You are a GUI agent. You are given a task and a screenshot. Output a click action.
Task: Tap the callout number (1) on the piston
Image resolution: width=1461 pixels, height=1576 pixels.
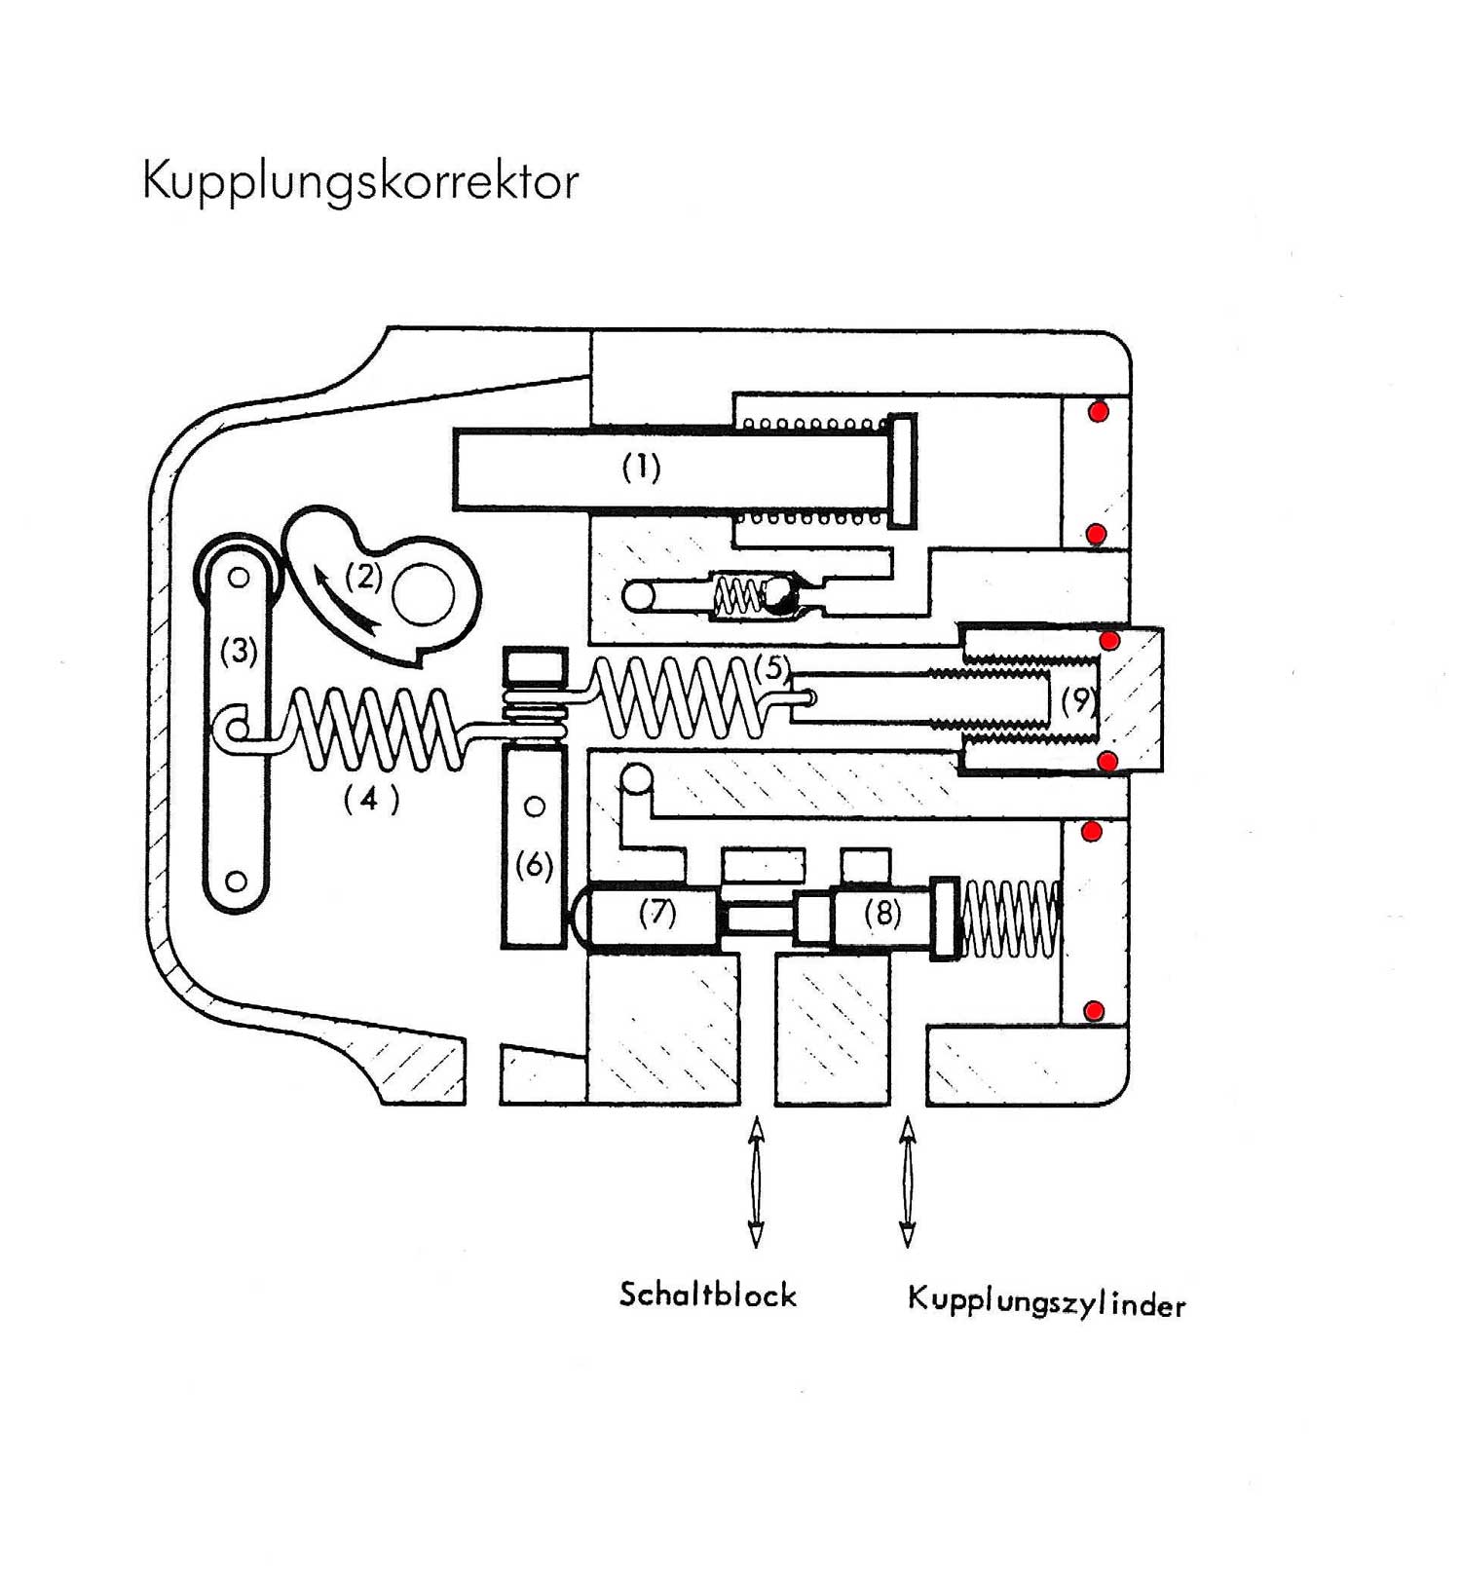tap(642, 469)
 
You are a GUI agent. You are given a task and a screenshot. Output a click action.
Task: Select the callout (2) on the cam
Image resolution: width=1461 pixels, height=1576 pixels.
tap(364, 577)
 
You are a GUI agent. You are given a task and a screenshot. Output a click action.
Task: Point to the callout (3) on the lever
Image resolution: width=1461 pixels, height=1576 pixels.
tap(239, 650)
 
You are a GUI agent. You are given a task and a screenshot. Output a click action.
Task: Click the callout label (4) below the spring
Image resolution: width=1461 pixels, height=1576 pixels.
tap(371, 800)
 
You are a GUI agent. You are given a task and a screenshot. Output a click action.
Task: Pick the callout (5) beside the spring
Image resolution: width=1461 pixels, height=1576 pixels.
tap(772, 668)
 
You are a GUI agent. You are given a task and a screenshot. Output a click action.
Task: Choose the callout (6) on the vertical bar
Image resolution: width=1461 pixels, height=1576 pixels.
tap(534, 865)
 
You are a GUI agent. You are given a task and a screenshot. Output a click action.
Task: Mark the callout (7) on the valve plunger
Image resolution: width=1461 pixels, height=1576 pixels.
tap(657, 913)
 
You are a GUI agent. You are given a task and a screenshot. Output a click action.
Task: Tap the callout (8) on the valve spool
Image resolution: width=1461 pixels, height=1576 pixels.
tap(882, 913)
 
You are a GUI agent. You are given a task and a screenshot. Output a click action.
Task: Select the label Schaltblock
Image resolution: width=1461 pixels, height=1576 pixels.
tap(708, 1295)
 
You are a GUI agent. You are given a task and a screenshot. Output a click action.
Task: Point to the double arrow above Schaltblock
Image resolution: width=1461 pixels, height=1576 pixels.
tap(756, 1182)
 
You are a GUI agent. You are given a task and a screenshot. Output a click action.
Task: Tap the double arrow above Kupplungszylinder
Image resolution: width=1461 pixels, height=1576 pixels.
tap(908, 1182)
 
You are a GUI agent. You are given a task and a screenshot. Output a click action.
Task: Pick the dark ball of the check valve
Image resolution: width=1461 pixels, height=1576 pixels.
tap(780, 595)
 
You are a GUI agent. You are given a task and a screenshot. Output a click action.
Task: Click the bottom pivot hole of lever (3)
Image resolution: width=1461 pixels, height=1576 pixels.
tap(237, 882)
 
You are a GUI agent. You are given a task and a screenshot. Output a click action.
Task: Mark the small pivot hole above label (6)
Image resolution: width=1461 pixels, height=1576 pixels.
tap(534, 807)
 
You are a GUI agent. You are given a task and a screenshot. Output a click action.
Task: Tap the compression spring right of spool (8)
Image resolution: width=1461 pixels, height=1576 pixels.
tap(1010, 919)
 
